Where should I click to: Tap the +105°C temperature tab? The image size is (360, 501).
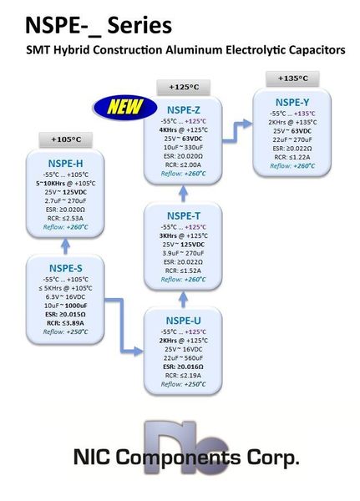pos(64,139)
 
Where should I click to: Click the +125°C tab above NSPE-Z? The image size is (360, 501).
pos(184,87)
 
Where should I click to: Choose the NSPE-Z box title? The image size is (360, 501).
pos(184,109)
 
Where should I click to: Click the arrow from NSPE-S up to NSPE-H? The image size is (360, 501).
pos(65,246)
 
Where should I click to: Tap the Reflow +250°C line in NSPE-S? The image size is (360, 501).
pos(65,332)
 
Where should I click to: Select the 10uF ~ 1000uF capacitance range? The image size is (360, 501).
pos(65,305)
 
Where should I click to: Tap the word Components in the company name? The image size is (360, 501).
pos(175,458)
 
